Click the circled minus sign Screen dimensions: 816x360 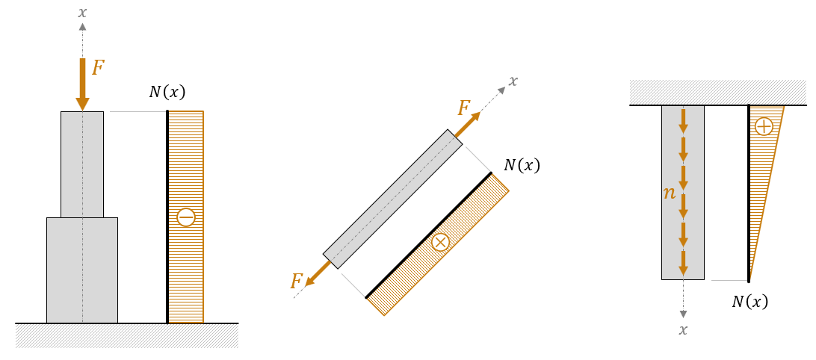pos(186,217)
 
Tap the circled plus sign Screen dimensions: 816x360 pos(764,126)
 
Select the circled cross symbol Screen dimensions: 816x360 pos(441,243)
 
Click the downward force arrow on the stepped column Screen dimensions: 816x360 pos(82,85)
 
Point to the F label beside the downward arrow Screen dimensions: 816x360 pos(98,68)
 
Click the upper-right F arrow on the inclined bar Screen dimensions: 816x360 pos(468,124)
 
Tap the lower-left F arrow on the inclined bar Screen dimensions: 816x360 pos(318,273)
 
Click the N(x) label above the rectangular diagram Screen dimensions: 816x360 pos(167,92)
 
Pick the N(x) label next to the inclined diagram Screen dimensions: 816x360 pos(522,165)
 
